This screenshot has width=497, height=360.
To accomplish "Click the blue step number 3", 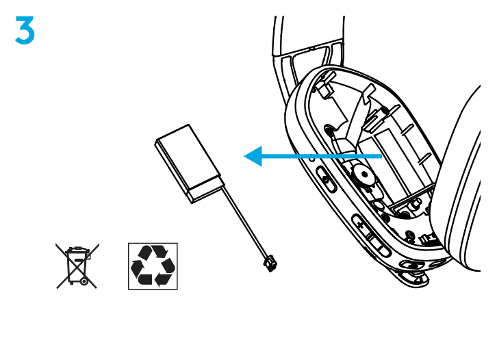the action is click(x=25, y=30).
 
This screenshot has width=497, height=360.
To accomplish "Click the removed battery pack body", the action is click(x=189, y=164).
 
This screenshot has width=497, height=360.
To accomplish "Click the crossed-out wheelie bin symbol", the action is click(x=77, y=266).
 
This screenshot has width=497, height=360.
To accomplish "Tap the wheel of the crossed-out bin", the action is click(x=84, y=281).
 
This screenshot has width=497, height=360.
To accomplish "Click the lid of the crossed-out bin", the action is click(x=77, y=250).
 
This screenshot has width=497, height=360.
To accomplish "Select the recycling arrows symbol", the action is click(x=153, y=266).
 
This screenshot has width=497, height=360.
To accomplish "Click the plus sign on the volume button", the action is click(x=360, y=225).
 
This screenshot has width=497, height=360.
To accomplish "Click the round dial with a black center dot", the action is click(x=364, y=175).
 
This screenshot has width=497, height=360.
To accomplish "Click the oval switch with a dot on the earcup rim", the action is click(x=326, y=179).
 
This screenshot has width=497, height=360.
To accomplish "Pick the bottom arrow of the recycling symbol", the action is click(x=162, y=279).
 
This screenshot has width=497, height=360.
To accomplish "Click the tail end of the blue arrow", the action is click(x=381, y=156).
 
